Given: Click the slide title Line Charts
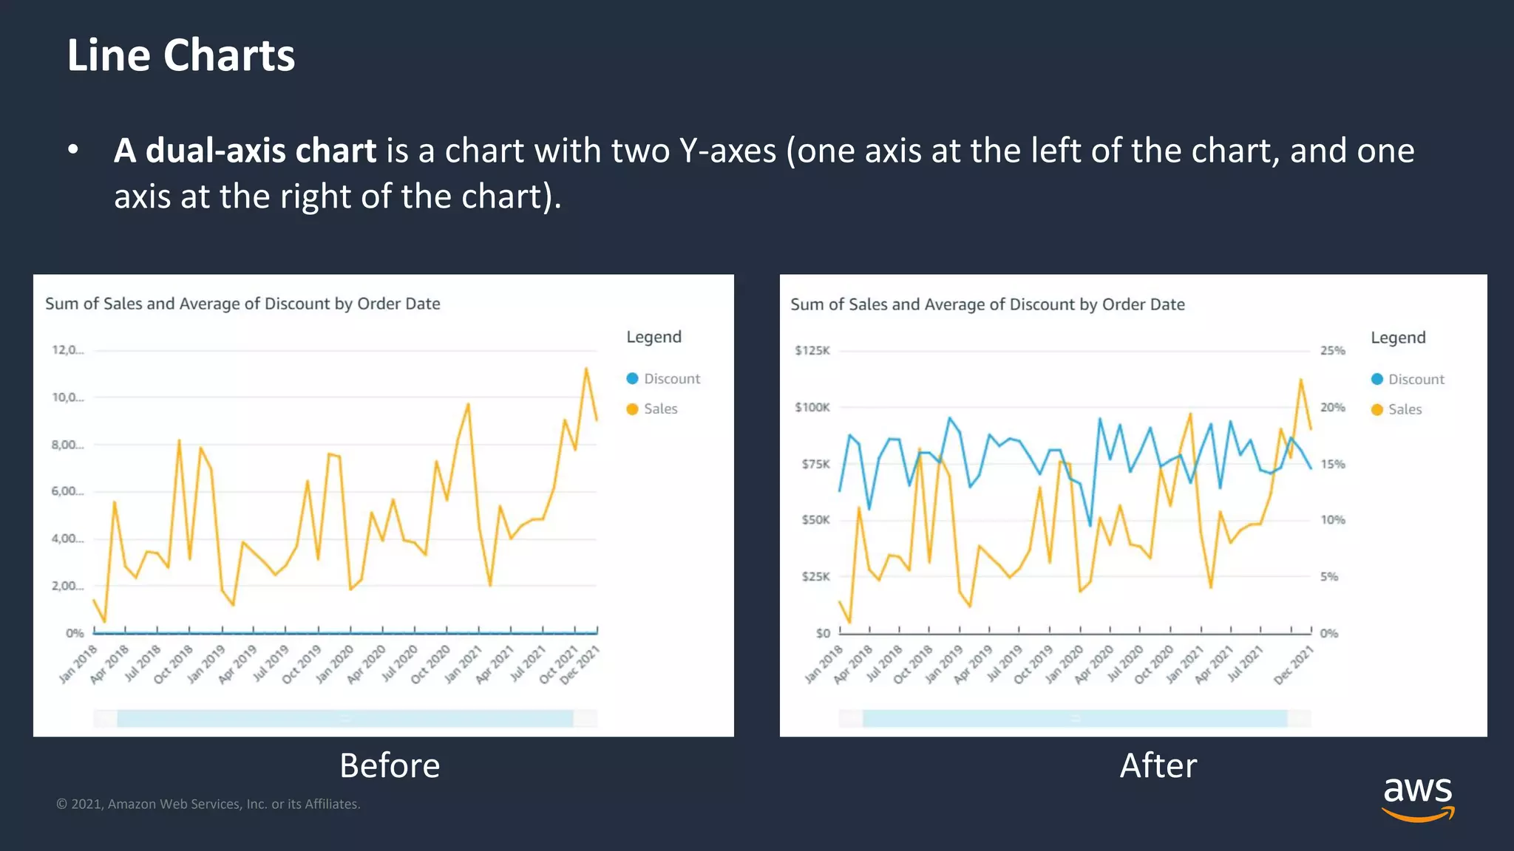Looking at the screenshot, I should [x=181, y=55].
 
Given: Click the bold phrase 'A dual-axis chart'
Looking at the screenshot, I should [x=245, y=151].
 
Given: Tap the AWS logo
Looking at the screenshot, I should [x=1417, y=798].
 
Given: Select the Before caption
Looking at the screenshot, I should [x=390, y=765].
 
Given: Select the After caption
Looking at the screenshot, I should [x=1158, y=765].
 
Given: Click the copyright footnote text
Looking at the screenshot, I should [x=208, y=804].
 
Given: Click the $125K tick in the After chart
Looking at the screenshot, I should [x=812, y=350].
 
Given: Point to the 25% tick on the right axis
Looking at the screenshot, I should [x=1332, y=350].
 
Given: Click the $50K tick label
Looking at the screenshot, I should [x=815, y=520].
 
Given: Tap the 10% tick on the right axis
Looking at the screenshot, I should [x=1332, y=520].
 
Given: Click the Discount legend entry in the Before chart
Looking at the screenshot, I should [x=663, y=379].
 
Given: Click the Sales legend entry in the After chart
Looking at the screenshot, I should [x=1396, y=409].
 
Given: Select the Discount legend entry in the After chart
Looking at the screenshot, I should [x=1408, y=379].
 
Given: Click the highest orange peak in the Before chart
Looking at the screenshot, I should [x=586, y=368].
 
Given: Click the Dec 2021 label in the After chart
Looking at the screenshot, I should [x=1294, y=664].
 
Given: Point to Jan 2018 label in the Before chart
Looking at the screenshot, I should [x=78, y=663].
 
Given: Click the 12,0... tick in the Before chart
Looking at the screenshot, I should [x=67, y=350].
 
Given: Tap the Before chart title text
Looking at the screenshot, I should [x=242, y=304].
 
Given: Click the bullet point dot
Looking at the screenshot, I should [x=72, y=151].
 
